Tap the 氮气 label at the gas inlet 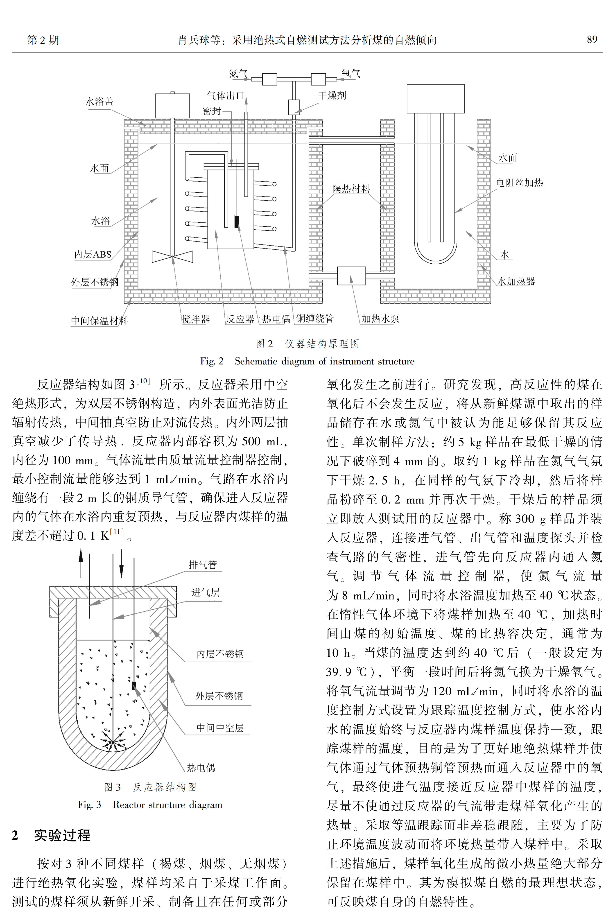(x=238, y=73)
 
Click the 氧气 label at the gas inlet (x=351, y=73)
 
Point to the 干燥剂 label (x=332, y=95)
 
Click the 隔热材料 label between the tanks (x=351, y=189)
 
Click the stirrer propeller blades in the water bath (x=173, y=256)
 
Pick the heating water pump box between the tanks (x=351, y=276)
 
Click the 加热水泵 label (x=380, y=319)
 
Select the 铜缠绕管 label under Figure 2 (x=315, y=318)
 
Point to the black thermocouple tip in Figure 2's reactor (x=237, y=222)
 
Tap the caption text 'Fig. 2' (x=212, y=361)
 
